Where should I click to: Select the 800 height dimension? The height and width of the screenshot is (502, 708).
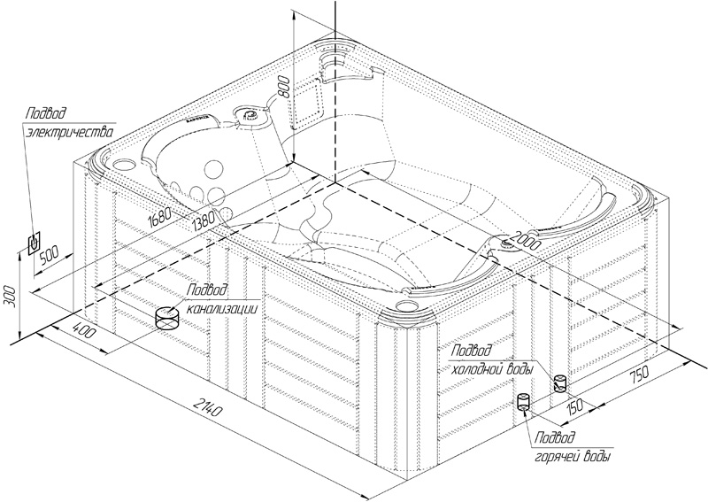point(282,84)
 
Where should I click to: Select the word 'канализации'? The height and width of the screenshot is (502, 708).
point(227,308)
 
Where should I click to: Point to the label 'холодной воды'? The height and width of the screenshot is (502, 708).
point(491,367)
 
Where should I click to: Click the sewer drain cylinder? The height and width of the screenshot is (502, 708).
point(166,317)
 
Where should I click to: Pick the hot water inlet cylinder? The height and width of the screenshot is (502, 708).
point(523,403)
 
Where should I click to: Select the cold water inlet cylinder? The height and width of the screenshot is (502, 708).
point(558,383)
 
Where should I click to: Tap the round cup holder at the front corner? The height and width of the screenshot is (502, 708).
point(407,305)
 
